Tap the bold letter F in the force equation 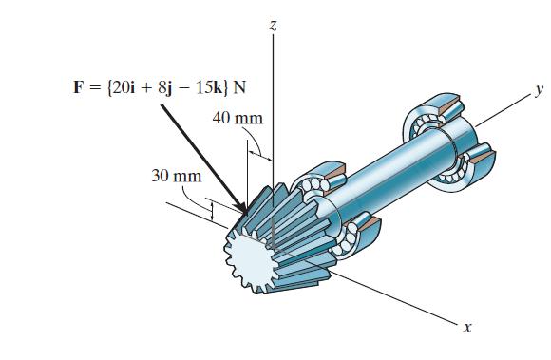tap(79, 88)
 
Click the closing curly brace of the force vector tap(226, 88)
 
